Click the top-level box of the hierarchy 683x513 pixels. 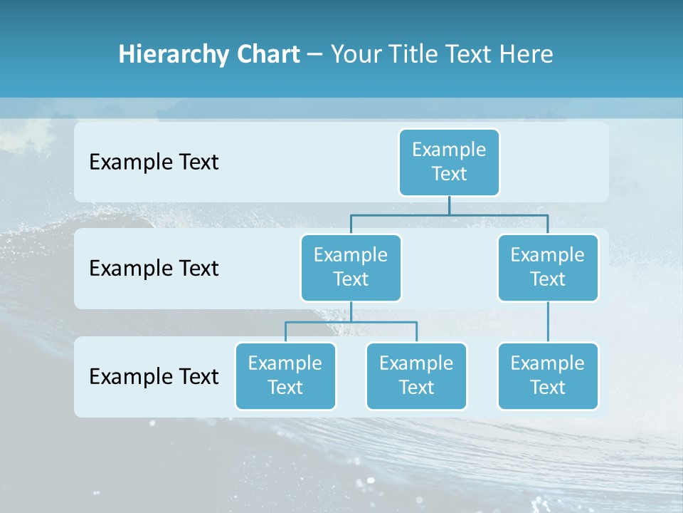(x=449, y=162)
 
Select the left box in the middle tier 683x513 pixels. (x=351, y=268)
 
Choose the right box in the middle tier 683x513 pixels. (x=548, y=268)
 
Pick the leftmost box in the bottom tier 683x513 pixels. (x=285, y=376)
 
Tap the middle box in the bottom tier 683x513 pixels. (x=416, y=376)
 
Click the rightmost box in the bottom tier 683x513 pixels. (x=548, y=376)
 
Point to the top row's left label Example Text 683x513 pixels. (x=154, y=162)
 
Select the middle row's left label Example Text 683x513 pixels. (x=154, y=269)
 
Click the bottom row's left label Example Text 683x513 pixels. (x=154, y=376)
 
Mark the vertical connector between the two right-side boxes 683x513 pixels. (x=548, y=322)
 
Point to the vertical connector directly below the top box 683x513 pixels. (x=449, y=205)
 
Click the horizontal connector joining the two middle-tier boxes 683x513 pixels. (x=449, y=214)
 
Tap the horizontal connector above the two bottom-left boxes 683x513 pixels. (x=351, y=322)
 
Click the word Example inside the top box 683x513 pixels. (x=449, y=150)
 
